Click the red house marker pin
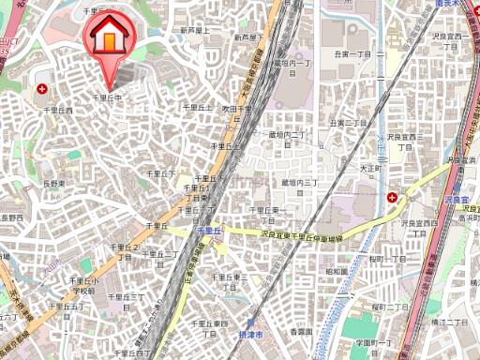coord(110,38)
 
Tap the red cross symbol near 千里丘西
coord(42,89)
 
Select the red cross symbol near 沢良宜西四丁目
coord(391,197)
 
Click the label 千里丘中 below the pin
coord(108,97)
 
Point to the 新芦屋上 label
coord(194,31)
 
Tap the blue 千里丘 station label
coord(208,230)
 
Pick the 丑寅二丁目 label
coord(346,123)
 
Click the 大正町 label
coord(372,169)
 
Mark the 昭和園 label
coord(337,272)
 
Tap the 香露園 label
coord(299,331)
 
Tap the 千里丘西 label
coord(58,110)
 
